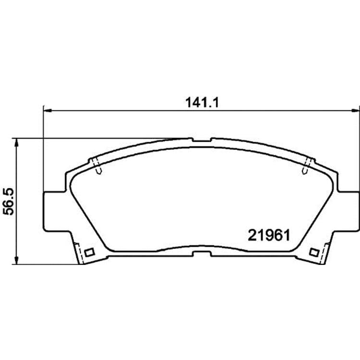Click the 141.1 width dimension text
coord(202,103)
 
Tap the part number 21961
coord(269,235)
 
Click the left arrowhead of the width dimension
coord(47,111)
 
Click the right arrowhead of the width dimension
coord(355,111)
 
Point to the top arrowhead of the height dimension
coord(16,142)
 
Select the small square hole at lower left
coord(89,252)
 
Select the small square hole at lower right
coord(313,252)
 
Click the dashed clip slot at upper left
coord(97,166)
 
